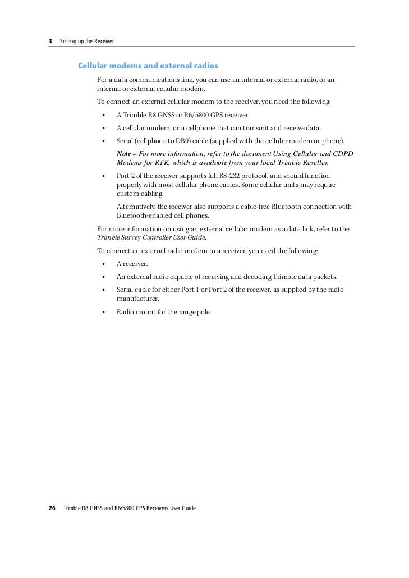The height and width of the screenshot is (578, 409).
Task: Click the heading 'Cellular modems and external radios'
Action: point(148,66)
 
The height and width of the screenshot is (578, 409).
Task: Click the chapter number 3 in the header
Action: point(50,42)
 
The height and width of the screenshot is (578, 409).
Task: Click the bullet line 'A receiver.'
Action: point(132,264)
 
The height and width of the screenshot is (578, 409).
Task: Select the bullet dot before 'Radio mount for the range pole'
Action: point(104,312)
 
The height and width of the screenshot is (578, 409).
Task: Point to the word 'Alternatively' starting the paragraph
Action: point(135,207)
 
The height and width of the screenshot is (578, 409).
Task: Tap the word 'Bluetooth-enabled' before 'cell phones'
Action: point(143,215)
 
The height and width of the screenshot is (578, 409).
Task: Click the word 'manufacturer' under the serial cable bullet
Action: point(137,299)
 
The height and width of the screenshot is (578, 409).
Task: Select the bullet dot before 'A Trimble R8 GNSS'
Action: point(104,115)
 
